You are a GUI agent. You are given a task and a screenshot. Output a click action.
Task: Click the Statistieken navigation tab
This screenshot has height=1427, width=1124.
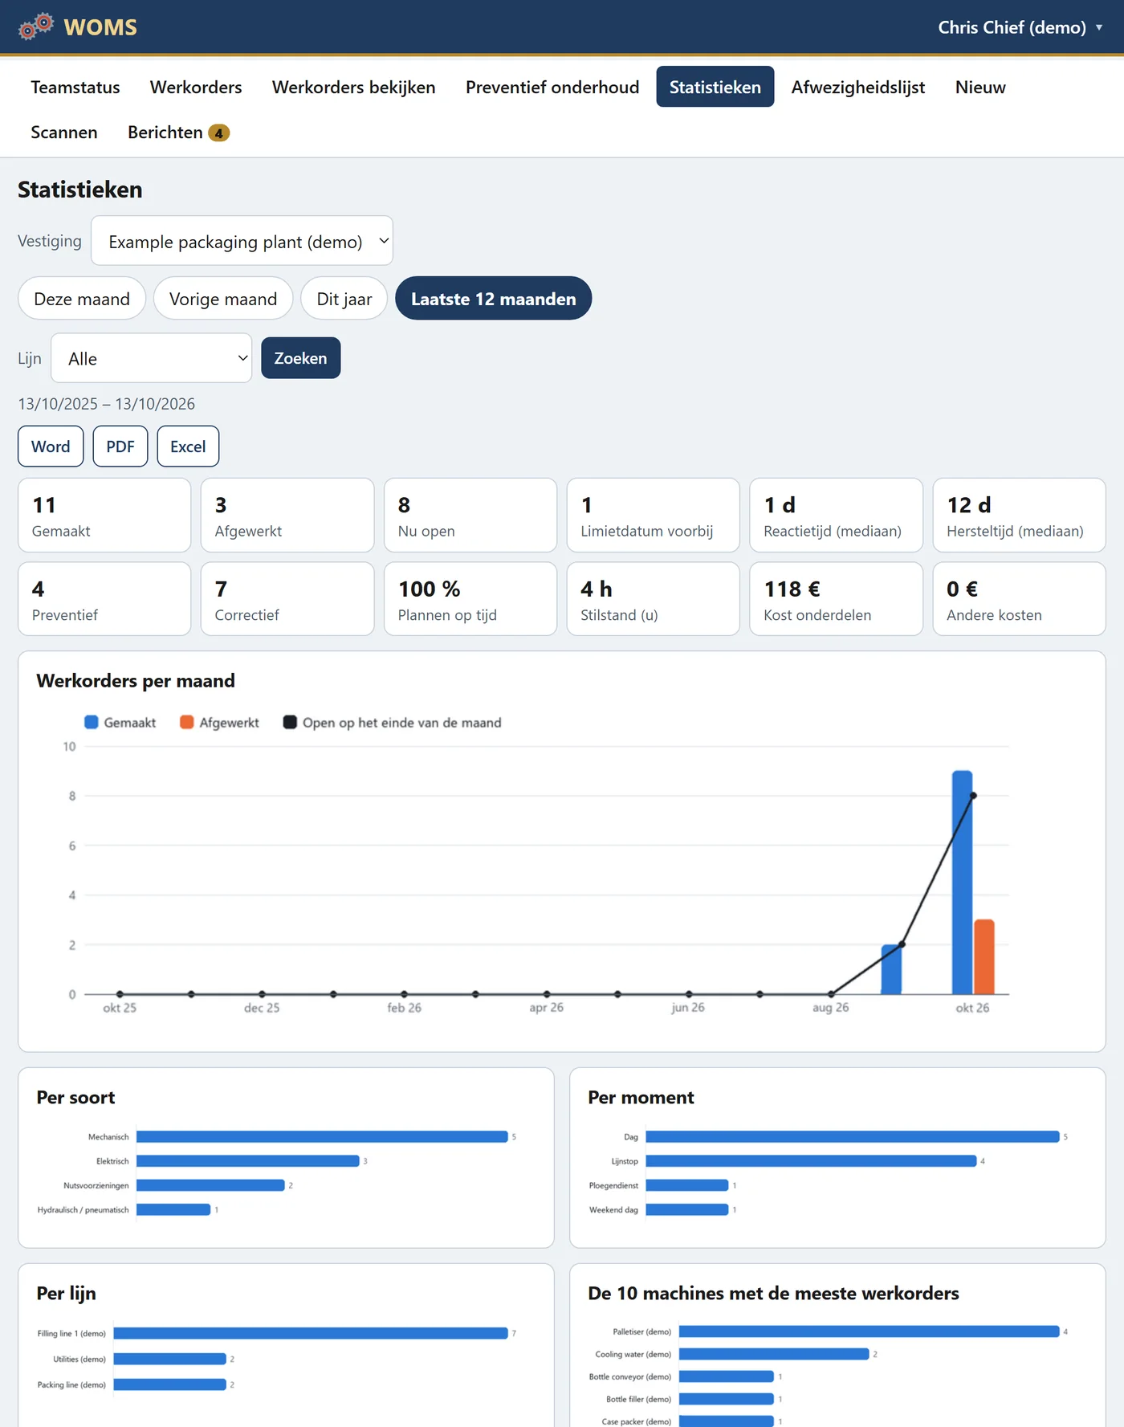[x=715, y=87]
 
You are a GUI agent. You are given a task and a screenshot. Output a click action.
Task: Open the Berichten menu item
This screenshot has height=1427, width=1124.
[x=178, y=133]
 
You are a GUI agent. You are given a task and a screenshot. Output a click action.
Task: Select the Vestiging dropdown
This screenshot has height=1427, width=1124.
[x=242, y=241]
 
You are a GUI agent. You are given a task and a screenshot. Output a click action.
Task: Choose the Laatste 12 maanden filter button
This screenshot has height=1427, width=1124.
[x=493, y=299]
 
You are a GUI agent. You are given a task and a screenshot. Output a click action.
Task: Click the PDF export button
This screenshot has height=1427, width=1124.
[x=120, y=446]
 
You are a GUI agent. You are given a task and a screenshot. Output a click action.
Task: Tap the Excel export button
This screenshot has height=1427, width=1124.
[x=188, y=446]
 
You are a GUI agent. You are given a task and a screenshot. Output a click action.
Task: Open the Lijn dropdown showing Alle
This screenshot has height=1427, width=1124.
[x=152, y=358]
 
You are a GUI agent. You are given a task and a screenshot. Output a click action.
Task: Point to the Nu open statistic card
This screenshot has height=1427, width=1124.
[x=470, y=516]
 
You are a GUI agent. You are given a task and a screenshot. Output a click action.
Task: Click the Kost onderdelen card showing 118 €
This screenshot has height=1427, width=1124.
[x=836, y=599]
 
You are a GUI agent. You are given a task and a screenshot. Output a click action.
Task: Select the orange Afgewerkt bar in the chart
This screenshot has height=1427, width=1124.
[x=984, y=957]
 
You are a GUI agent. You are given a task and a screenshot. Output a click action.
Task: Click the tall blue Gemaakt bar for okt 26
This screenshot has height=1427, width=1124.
[x=962, y=883]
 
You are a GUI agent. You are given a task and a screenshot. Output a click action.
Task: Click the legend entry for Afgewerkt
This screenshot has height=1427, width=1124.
[x=219, y=723]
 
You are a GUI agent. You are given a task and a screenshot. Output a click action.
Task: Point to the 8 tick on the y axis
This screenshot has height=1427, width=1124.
[x=72, y=796]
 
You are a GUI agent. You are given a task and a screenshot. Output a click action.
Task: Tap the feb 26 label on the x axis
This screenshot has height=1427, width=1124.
[x=404, y=1008]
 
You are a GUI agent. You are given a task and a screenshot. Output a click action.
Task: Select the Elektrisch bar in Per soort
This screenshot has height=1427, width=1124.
[x=248, y=1161]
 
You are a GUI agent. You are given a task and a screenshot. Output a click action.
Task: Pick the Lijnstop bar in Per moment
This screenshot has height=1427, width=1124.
[x=811, y=1161]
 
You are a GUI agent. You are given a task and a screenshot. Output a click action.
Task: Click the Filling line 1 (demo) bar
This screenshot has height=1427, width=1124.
[x=311, y=1333]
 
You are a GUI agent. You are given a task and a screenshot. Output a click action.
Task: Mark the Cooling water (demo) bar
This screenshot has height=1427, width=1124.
[x=774, y=1354]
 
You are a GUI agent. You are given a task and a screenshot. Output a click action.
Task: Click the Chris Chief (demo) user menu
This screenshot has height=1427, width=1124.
[x=1020, y=27]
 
